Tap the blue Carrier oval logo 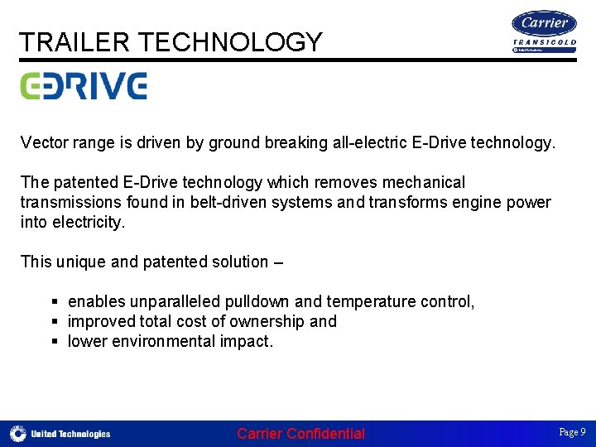click(545, 24)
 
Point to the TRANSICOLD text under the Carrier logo click(545, 42)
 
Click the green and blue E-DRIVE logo click(84, 85)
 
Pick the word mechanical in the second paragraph click(423, 182)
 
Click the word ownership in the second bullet click(262, 321)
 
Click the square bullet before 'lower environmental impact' click(55, 341)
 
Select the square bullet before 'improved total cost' click(55, 321)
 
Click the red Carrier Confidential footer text click(300, 434)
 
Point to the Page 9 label click(572, 432)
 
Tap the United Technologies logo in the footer click(60, 434)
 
